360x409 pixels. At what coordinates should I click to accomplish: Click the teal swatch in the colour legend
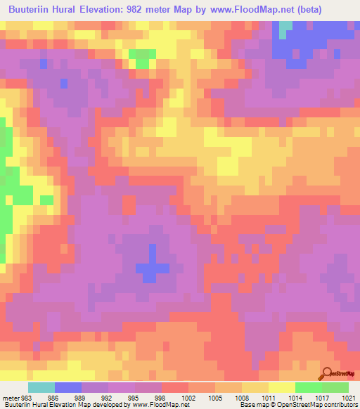41,387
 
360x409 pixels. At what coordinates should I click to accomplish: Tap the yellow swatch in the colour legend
282,387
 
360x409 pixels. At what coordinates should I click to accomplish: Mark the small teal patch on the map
285,29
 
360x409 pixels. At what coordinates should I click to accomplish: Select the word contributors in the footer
337,404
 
